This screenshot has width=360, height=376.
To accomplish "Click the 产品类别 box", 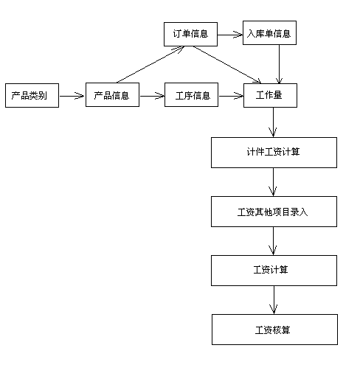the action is tap(32, 95).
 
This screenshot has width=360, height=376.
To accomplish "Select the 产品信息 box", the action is tap(112, 95).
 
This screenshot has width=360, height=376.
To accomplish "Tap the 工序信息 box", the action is tap(191, 95).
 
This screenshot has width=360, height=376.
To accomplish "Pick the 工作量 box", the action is tap(270, 95).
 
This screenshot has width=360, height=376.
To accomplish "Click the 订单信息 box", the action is tap(190, 34).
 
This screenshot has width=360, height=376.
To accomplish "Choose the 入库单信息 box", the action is tap(269, 32).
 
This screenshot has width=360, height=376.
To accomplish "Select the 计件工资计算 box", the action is tap(274, 153).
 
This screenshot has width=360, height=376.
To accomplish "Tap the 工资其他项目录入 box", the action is tap(274, 212).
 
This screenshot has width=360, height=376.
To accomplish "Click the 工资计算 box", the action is tap(274, 271).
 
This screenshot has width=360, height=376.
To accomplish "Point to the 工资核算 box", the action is tap(274, 330).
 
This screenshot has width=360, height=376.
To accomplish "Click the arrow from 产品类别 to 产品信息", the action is tap(72, 96).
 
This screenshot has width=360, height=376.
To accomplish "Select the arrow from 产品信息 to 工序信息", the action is tap(152, 96).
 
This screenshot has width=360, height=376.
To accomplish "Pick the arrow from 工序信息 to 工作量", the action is tap(231, 96).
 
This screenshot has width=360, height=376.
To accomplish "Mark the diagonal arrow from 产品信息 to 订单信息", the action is tap(150, 64).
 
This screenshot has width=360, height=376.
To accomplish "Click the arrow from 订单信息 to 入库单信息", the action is tap(230, 35).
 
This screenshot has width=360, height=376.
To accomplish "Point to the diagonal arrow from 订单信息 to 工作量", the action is tap(227, 65).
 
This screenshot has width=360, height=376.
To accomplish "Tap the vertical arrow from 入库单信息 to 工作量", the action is tap(279, 64).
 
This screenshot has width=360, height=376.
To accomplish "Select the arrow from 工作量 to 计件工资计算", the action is tap(273, 122).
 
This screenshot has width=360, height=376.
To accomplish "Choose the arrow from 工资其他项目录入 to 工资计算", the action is tap(273, 241).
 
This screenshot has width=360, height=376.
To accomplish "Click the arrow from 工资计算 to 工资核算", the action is tap(274, 300).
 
